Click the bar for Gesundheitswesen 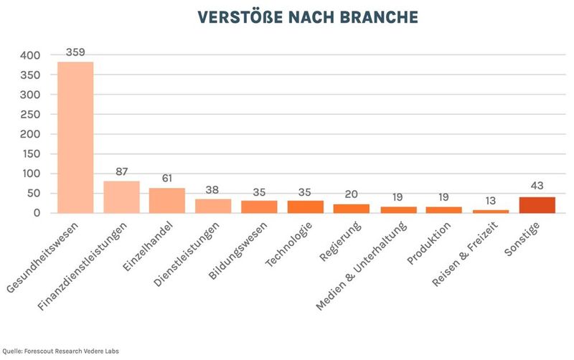coord(75,137)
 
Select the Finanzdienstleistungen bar coord(121,196)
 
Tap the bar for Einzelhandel coord(167,200)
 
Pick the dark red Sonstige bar coord(537,204)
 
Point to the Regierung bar coord(352,209)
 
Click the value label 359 coord(75,52)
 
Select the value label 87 coord(121,172)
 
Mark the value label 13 coord(491,202)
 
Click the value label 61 coord(167,179)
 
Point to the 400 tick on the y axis coord(31,55)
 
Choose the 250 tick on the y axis coord(31,115)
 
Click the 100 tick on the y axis coord(31,174)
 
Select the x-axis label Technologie coord(287,244)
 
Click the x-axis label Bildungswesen coord(237,251)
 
